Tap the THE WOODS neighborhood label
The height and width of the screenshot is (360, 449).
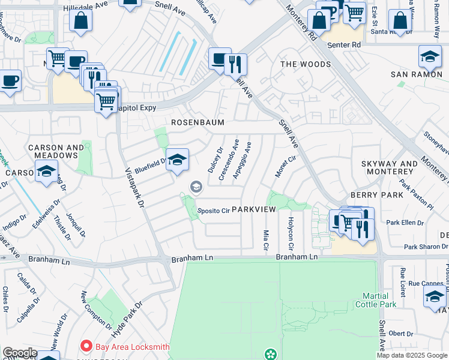point(304,64)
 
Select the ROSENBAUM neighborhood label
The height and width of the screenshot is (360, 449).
point(197,122)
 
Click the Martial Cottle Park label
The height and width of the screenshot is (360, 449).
point(379,300)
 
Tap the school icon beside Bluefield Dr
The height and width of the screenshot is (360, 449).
point(177,160)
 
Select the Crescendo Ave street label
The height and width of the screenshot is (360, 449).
point(229,160)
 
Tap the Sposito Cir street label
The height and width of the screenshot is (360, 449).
point(214,211)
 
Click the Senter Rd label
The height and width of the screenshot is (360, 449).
point(344,45)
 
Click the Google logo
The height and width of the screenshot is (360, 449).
point(19,353)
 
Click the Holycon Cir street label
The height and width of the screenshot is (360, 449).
point(291,235)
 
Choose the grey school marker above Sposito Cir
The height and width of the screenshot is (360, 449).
point(195,188)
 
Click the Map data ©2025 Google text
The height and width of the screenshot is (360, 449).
point(412,355)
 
